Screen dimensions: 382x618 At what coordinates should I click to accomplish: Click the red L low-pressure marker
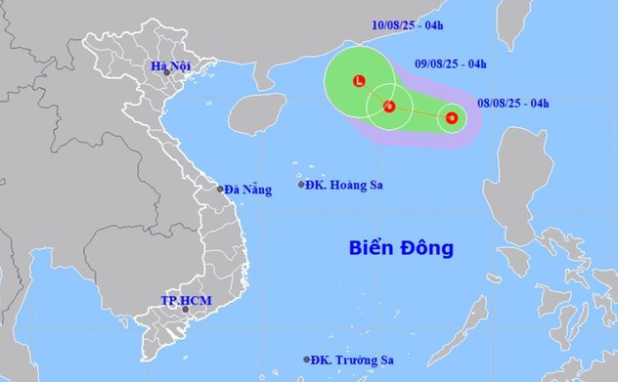point(359,80)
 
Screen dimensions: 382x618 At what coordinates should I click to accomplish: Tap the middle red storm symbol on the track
point(389,106)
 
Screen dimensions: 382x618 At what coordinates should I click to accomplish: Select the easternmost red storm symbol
point(451,118)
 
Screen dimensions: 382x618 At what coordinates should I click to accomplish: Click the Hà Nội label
point(169,65)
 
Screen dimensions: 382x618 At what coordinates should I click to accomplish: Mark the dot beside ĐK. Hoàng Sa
point(301,184)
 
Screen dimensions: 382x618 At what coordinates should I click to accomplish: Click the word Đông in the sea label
point(427,248)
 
